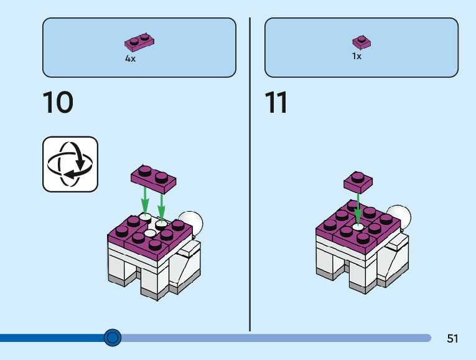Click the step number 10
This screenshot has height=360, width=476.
tap(58, 103)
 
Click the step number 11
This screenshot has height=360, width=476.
tap(276, 103)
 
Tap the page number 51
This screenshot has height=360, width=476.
tap(452, 339)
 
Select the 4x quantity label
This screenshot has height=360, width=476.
tap(130, 59)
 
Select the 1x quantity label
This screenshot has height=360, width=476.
tap(357, 56)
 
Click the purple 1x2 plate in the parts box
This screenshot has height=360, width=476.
tap(139, 42)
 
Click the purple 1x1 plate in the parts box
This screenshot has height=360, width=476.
tap(362, 42)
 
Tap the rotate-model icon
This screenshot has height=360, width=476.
tap(70, 164)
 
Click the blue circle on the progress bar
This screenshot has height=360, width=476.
tap(113, 338)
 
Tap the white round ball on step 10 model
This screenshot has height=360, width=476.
tap(195, 221)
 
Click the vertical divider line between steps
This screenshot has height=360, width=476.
tap(250, 174)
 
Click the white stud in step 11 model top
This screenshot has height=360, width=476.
tap(358, 227)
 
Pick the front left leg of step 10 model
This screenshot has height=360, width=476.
tap(117, 271)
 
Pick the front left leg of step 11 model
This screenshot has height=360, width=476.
tap(325, 267)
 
